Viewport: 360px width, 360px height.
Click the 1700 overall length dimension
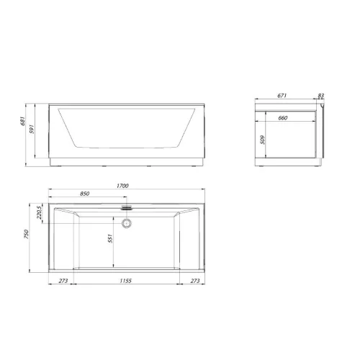pyautogui.click(x=122, y=186)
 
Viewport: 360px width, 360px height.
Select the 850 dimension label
pyautogui.click(x=84, y=194)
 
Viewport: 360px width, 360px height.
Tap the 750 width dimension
pyautogui.click(x=26, y=234)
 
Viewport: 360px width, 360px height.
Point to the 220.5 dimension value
pyautogui.click(x=40, y=212)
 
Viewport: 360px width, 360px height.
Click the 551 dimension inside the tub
pyautogui.click(x=110, y=238)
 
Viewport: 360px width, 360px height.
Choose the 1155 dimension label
pyautogui.click(x=126, y=281)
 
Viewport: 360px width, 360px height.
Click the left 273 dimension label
pyautogui.click(x=63, y=281)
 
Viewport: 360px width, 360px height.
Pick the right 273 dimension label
pyautogui.click(x=195, y=281)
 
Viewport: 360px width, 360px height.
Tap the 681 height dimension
pyautogui.click(x=22, y=121)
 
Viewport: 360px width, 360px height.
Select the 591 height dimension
pyautogui.click(x=32, y=130)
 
